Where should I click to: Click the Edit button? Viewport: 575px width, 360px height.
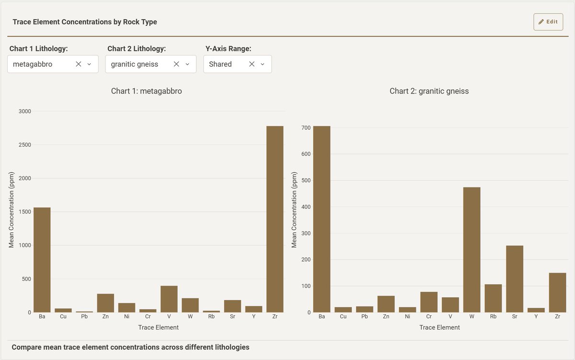point(548,22)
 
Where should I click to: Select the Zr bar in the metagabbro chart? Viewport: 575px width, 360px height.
point(275,219)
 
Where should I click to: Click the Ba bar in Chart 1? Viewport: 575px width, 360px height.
point(42,260)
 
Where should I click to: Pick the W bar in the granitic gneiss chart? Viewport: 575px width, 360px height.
point(472,250)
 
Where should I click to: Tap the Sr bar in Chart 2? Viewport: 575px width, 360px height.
point(515,279)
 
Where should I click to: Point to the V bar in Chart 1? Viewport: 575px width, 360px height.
point(169,299)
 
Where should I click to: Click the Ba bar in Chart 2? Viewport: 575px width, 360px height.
point(322,219)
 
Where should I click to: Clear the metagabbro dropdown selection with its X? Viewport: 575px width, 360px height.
point(79,64)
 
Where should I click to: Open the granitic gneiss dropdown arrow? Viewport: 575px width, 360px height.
point(187,64)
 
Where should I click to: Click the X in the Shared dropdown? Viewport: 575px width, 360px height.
point(252,64)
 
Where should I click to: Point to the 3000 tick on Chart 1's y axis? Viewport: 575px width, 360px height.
point(24,111)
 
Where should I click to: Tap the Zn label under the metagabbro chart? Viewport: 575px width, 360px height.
point(106,317)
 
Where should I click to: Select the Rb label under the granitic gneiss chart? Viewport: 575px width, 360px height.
point(493,317)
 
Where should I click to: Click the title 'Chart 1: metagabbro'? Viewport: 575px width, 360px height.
point(147,91)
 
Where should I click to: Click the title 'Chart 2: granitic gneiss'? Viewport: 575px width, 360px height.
point(429,91)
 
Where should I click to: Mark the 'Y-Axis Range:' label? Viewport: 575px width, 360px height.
point(228,49)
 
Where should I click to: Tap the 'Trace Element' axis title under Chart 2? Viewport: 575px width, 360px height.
point(439,327)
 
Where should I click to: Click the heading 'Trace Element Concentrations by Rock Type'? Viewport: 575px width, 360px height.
point(85,22)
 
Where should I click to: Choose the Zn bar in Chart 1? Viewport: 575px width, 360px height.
point(106,303)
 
